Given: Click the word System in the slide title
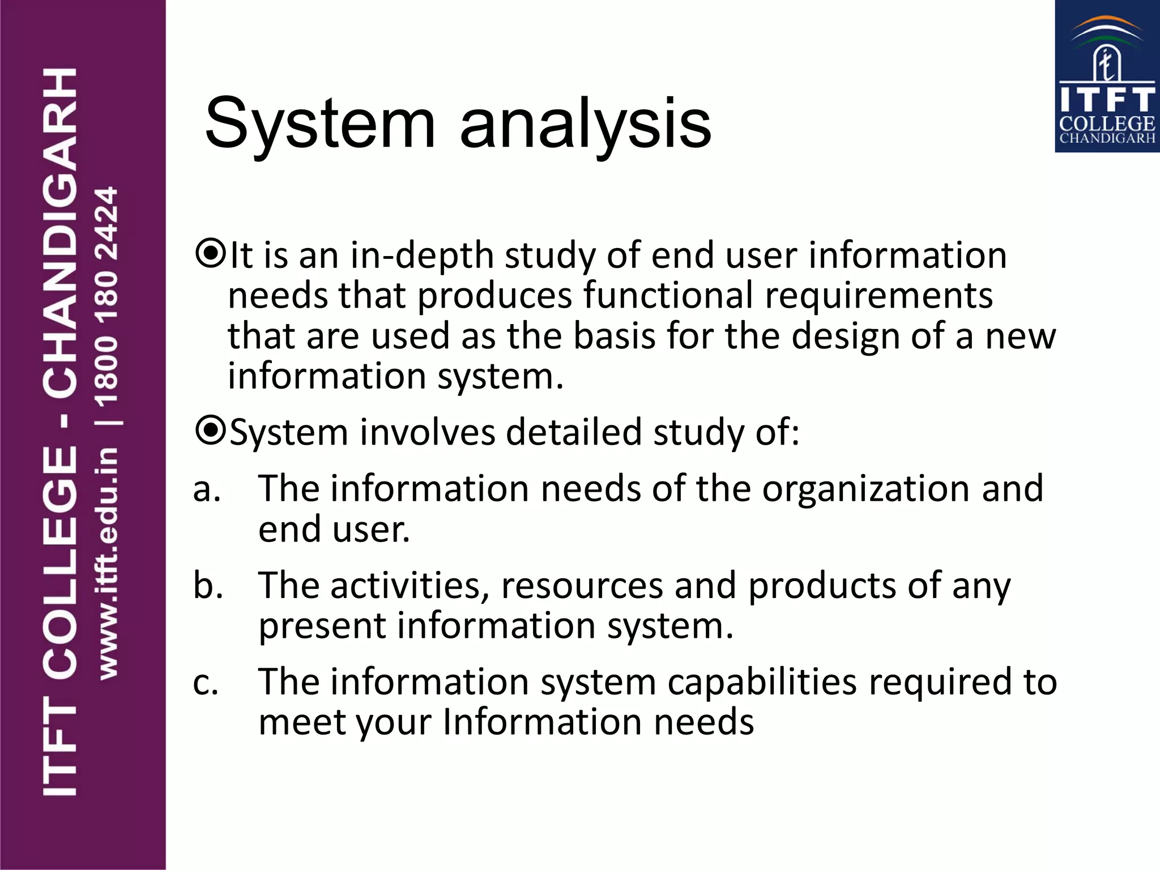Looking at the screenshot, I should [320, 123].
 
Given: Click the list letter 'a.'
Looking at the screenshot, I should [207, 489].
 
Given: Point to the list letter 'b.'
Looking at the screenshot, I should [208, 585].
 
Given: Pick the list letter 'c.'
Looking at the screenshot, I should [206, 683].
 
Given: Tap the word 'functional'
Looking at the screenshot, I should [668, 296].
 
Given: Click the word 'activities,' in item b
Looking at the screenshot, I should [410, 585].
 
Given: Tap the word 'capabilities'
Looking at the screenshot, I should [762, 682].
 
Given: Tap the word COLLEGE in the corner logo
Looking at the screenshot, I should [1107, 123].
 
